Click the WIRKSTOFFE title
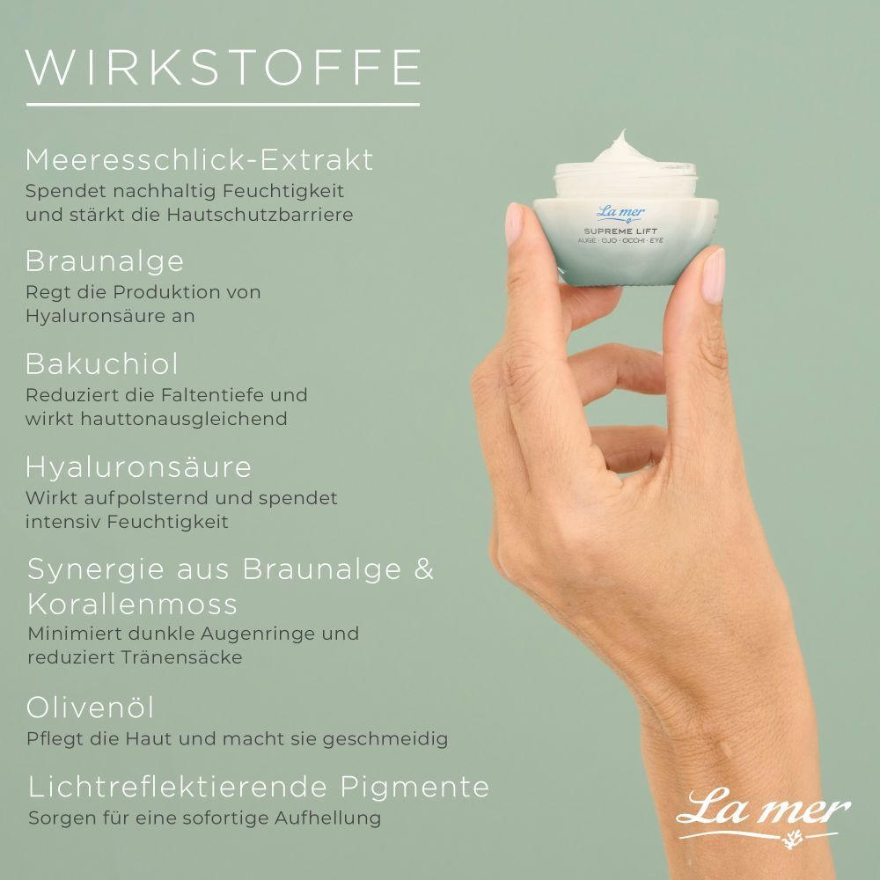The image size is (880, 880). click(x=224, y=68)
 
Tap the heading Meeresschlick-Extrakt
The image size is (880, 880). click(x=199, y=160)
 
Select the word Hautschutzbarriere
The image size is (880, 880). click(x=260, y=215)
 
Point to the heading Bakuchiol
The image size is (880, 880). click(x=101, y=363)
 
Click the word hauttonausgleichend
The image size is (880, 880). click(x=184, y=419)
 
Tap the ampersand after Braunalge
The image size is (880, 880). click(x=424, y=569)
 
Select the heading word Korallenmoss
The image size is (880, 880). click(x=133, y=605)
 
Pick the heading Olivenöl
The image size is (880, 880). click(x=90, y=708)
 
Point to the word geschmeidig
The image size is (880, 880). click(x=385, y=739)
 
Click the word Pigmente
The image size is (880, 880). click(x=414, y=787)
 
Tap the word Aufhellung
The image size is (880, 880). click(x=327, y=818)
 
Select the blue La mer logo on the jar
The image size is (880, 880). click(x=620, y=213)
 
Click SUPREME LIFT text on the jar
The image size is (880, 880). click(x=620, y=231)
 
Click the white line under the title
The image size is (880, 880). click(x=223, y=105)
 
